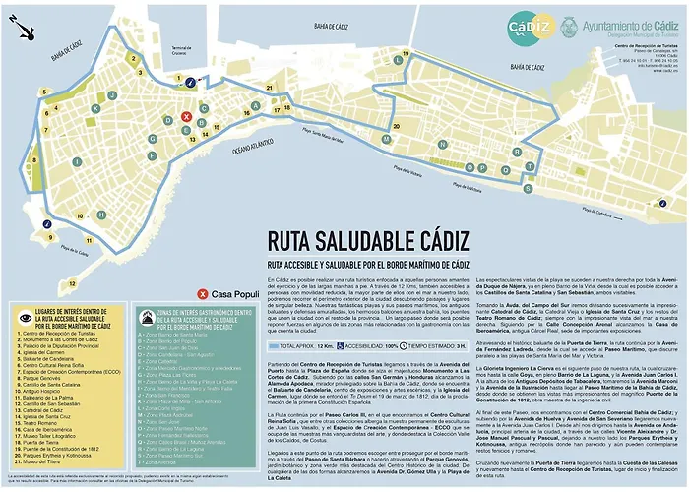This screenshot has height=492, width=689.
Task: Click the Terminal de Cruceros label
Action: pyautogui.click(x=181, y=50)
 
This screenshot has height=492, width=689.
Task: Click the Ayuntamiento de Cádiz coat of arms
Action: pyautogui.click(x=570, y=29)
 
